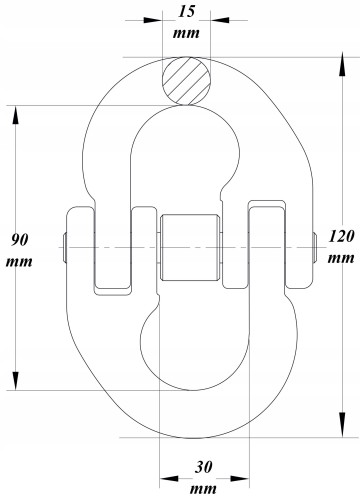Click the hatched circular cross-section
[186, 81]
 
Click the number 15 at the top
[186, 11]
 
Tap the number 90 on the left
[20, 240]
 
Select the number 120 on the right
[341, 236]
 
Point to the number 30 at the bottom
[203, 467]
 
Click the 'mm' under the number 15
[186, 33]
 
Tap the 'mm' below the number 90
[19, 262]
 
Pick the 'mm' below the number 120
[341, 258]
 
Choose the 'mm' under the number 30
[203, 489]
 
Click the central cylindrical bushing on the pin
[190, 247]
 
